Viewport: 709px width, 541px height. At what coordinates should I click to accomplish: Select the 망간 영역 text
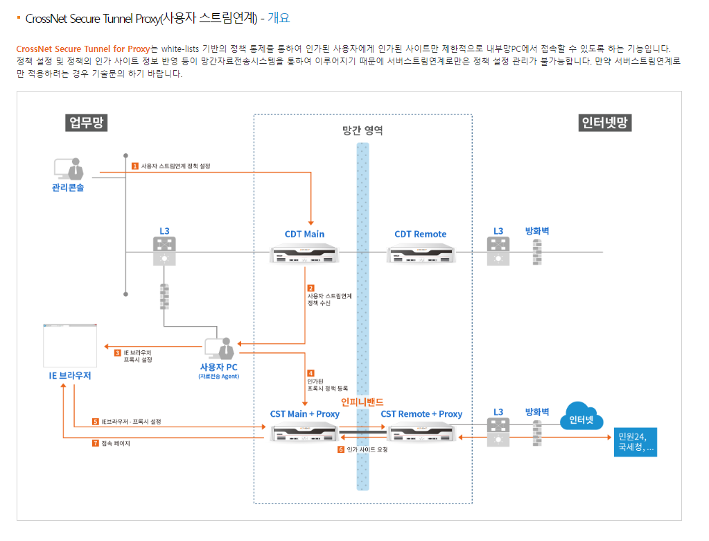coord(362,130)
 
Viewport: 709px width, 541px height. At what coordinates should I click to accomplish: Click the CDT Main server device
coord(305,254)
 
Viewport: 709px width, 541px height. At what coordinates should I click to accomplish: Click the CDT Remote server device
coord(420,254)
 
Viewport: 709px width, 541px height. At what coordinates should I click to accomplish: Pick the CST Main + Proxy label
coord(305,414)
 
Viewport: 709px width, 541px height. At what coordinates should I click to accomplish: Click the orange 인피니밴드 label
coord(362,402)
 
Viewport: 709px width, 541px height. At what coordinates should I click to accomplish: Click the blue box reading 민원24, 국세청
coord(634,442)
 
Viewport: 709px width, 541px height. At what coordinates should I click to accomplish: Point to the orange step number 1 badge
coord(135,166)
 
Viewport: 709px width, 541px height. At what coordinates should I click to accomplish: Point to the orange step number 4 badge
coord(310,373)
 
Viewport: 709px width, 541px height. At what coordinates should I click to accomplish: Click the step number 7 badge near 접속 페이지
coord(96,443)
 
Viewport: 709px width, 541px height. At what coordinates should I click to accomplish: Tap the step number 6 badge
coord(341,449)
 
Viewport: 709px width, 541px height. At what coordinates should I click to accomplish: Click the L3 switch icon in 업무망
coord(164,251)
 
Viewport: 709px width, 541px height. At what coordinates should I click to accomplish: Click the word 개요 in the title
coord(279,19)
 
